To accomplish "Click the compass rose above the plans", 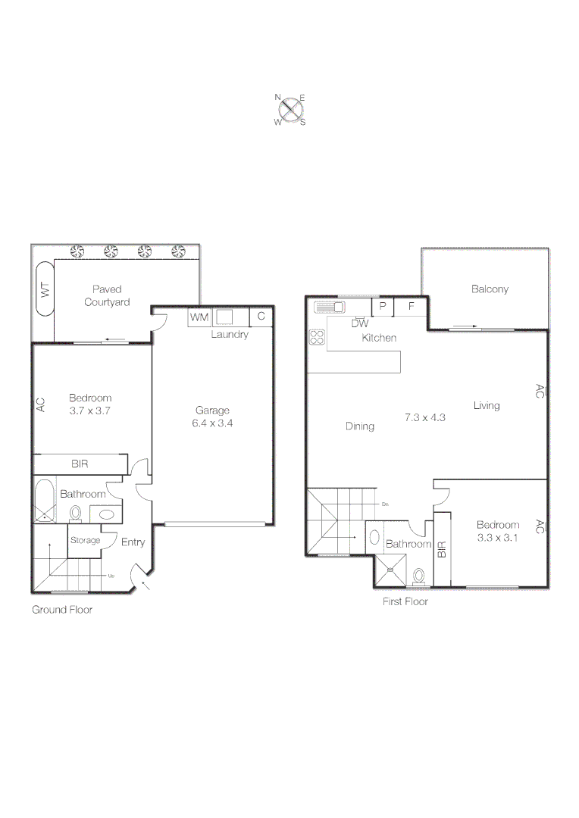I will point(289,109).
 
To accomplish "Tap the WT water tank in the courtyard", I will point(45,289).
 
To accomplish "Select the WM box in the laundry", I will point(199,317).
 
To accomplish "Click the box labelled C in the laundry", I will point(261,317).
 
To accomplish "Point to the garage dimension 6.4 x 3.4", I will point(213,423).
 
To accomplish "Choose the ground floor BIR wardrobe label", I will point(80,464).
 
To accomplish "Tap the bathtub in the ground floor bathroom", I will point(45,501).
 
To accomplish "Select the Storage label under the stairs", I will point(85,541).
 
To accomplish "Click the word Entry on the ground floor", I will point(133,542).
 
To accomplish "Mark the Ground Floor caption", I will point(61,609).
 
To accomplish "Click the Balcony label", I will point(490,289).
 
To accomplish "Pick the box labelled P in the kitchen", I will point(382,307).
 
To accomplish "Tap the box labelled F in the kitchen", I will point(412,307).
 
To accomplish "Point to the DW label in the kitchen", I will point(359,323).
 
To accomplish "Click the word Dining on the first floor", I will point(359,426).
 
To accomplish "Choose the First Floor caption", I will point(405,601).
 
